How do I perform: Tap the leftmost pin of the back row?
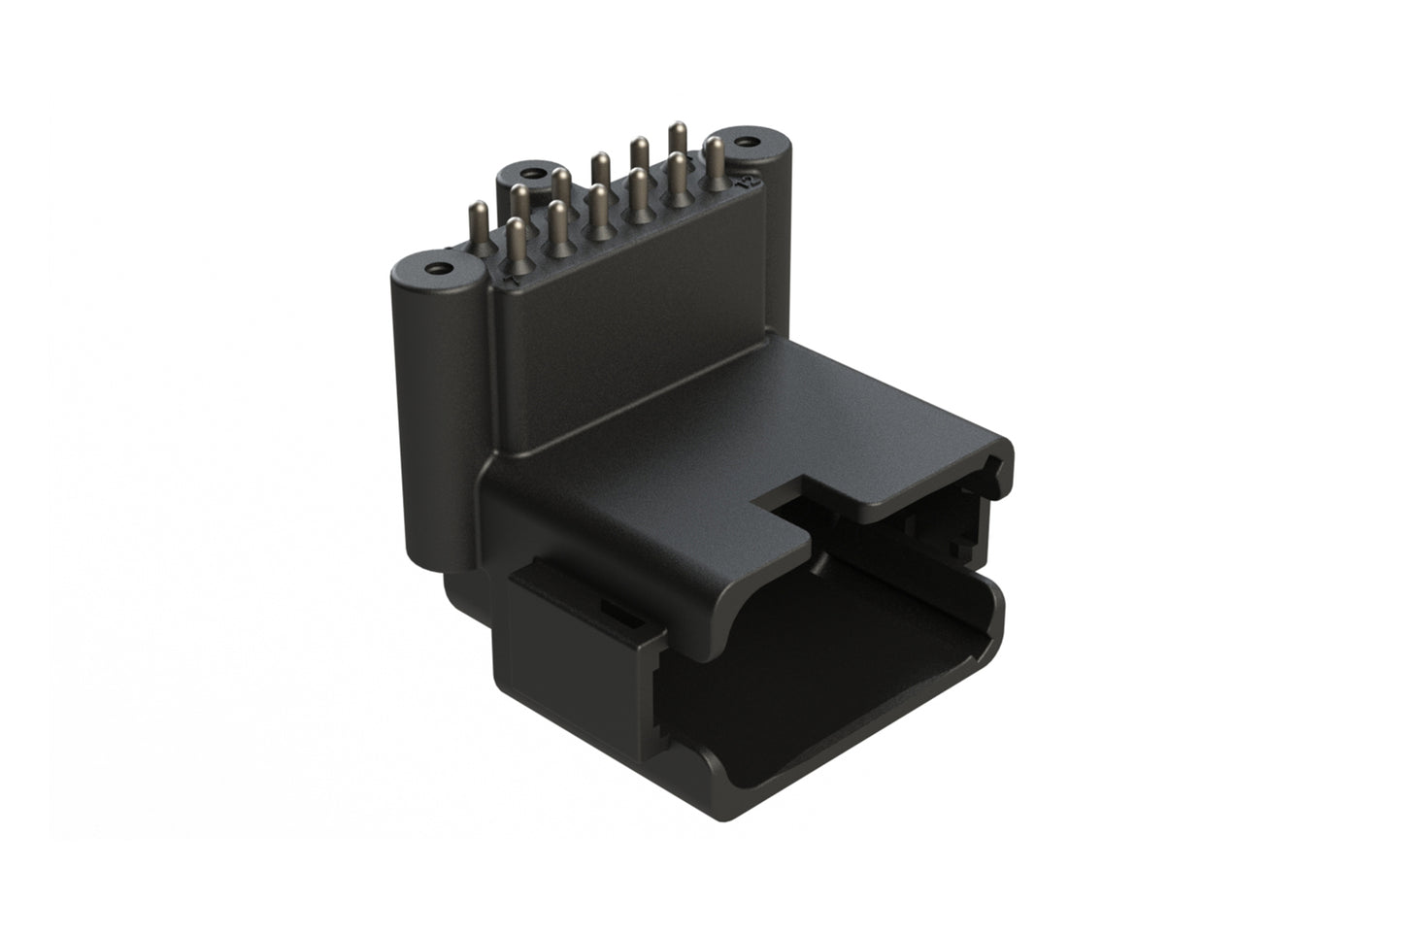point(478,223)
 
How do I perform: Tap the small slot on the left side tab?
point(613,610)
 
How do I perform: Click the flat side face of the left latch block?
point(573,680)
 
